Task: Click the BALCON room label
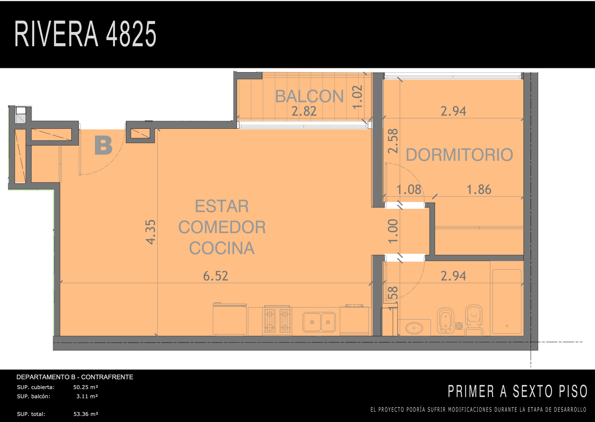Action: pos(309,96)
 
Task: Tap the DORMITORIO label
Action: pos(459,155)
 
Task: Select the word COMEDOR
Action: pos(222,227)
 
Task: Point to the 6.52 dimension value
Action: pos(216,276)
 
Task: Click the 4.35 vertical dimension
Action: pos(151,232)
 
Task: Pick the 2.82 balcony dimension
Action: pos(304,111)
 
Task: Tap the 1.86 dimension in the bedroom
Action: pos(479,189)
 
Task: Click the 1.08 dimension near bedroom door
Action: pos(409,189)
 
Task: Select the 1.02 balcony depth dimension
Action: pos(357,97)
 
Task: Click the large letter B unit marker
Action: pos(103,145)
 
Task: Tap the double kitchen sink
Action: pos(319,322)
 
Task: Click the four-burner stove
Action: pos(277,320)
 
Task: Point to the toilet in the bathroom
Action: pos(474,320)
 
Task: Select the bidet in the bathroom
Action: pos(446,320)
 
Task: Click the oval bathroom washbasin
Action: pos(414,328)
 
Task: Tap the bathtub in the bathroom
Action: pos(507,301)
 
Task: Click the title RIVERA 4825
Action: pos(85,34)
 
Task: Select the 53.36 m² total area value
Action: pos(86,414)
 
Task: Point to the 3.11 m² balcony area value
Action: pos(87,396)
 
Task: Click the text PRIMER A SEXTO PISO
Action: pos(517,391)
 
